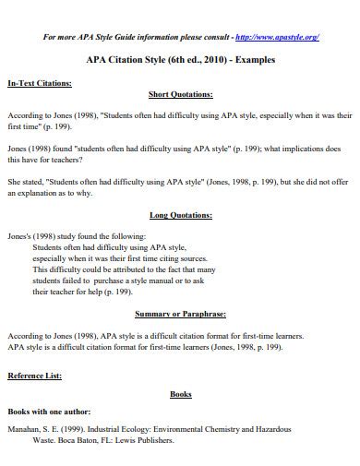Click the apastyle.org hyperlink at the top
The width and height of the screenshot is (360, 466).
pos(278,37)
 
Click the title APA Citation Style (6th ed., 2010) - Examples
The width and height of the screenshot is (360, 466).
pos(180,61)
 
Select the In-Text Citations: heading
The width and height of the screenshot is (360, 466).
pos(39,82)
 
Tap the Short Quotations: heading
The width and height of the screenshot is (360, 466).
pos(181,94)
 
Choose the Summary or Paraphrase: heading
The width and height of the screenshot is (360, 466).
pos(181,313)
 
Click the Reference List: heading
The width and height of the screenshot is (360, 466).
pos(35,376)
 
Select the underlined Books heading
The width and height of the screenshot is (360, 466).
pos(181,394)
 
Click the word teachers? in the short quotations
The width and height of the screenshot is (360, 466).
pos(72,158)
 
